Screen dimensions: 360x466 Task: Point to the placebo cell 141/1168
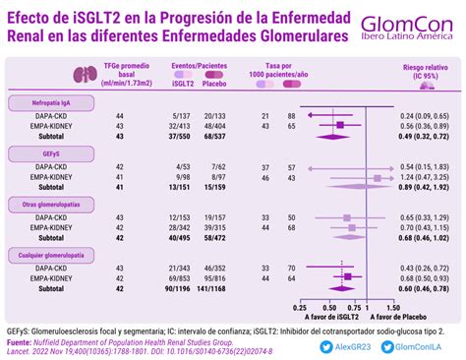click(x=213, y=288)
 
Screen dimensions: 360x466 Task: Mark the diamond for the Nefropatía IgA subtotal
click(x=335, y=136)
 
